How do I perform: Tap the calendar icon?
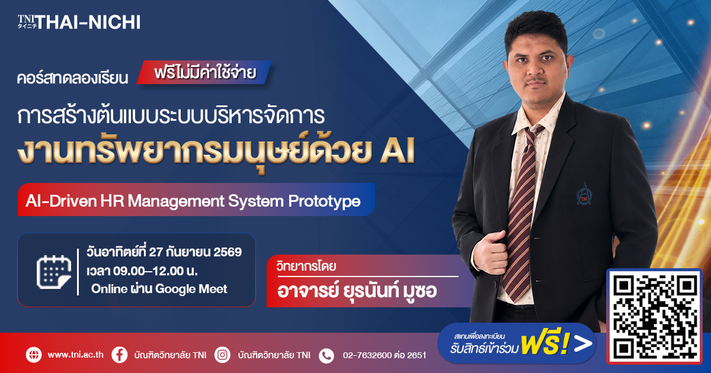point(54,272)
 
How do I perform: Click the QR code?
point(654,317)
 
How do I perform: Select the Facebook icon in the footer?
point(120,355)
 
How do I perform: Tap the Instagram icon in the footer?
point(222,355)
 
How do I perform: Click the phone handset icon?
point(326,356)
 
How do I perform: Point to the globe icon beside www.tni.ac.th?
point(34,355)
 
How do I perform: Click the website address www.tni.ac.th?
point(76,355)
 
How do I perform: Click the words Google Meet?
point(191,289)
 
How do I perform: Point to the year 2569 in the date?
point(228,252)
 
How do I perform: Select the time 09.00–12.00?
point(148,271)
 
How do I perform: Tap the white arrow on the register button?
point(583,344)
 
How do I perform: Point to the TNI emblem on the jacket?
point(584,194)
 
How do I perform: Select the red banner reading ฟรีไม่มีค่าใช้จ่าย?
point(204,72)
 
